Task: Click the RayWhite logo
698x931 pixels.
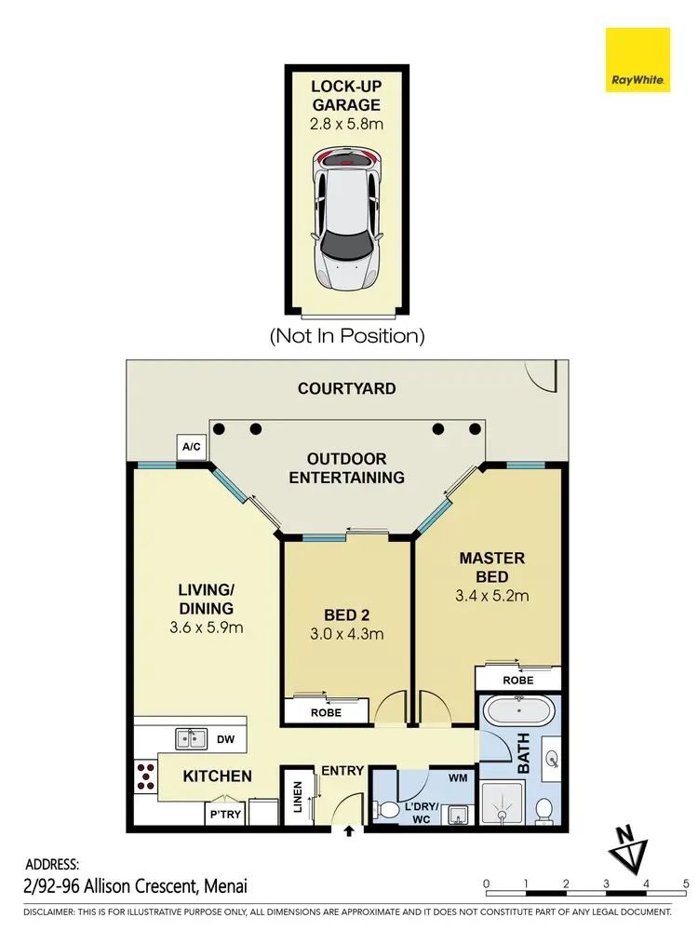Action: tap(638, 61)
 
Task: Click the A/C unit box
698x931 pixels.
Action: tap(192, 448)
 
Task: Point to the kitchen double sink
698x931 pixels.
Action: tap(192, 739)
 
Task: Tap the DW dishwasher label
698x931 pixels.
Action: tap(224, 739)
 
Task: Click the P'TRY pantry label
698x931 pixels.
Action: tap(226, 814)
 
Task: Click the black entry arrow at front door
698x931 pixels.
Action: tap(349, 830)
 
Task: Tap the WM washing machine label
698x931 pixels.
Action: tap(457, 776)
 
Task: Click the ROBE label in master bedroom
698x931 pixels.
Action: tap(518, 681)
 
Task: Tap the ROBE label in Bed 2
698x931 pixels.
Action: tap(326, 712)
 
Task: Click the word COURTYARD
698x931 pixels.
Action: tap(346, 388)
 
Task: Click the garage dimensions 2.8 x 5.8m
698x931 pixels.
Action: tap(347, 121)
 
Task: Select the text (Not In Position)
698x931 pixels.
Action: tap(347, 335)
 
